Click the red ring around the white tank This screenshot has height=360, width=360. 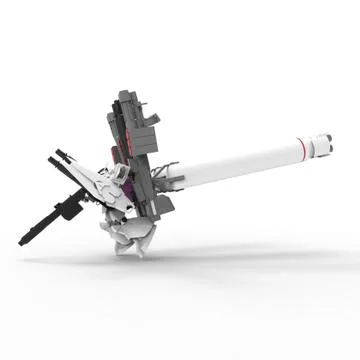tap(302, 147)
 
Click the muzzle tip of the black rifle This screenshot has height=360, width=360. tap(22, 242)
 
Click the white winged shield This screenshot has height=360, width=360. tap(95, 182)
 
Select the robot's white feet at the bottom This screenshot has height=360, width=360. tap(130, 240)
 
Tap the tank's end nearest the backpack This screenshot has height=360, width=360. tap(184, 174)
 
